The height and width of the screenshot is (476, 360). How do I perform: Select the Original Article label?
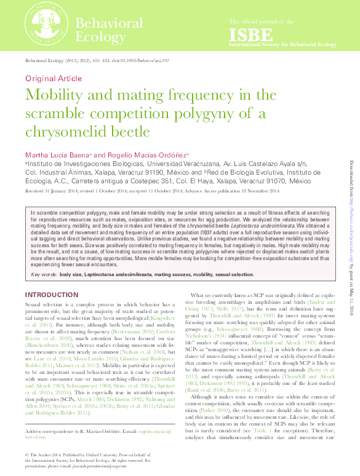pos(53,78)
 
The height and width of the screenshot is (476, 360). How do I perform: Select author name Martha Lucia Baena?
pos(56,154)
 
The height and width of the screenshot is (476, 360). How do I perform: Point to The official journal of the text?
pos(258,21)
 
